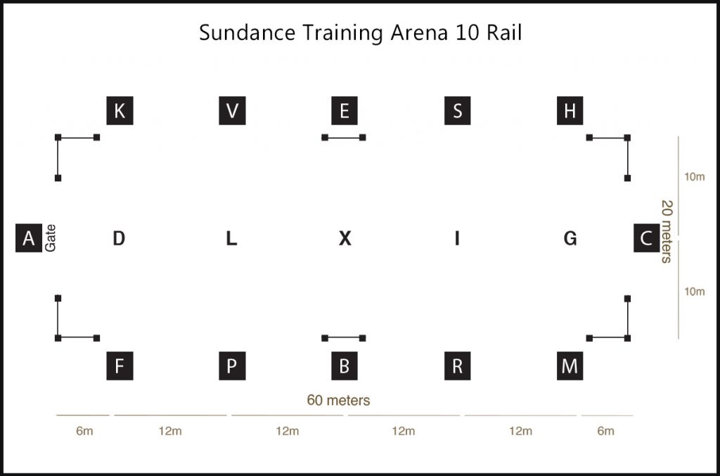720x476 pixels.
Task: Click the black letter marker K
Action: point(120,110)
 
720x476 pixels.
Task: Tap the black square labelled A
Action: point(28,238)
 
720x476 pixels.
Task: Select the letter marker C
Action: point(645,238)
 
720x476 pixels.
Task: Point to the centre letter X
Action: point(345,238)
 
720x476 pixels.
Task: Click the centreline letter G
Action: point(570,238)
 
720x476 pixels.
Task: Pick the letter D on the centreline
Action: point(119,238)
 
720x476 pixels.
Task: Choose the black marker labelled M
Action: point(570,366)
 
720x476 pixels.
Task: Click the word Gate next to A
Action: point(51,238)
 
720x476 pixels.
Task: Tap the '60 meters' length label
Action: point(338,400)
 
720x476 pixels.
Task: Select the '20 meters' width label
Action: point(665,231)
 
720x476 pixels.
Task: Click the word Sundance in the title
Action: point(238,33)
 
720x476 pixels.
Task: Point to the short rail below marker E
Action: point(344,138)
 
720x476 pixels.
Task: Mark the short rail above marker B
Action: point(344,338)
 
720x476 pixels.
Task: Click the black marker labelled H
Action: point(570,110)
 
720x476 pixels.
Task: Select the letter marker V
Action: point(232,110)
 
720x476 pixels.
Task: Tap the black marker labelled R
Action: point(457,366)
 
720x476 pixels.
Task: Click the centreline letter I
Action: point(457,238)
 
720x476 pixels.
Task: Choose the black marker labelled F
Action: point(120,366)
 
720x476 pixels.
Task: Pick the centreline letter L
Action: point(231,238)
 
